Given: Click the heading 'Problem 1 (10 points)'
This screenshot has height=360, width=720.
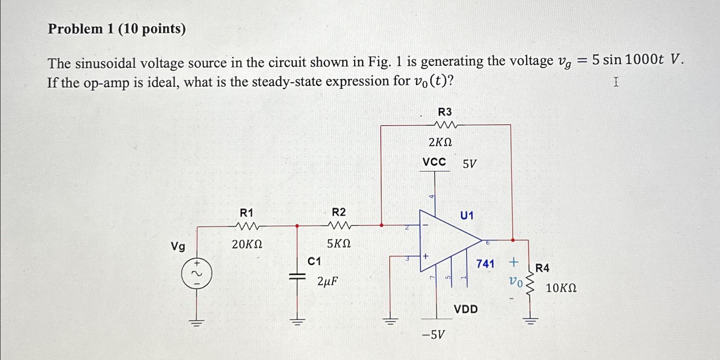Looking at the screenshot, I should pos(117,29).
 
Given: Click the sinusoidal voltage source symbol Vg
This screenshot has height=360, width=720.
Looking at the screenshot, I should pos(197,273).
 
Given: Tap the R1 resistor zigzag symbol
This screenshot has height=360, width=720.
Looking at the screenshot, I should pos(247,225).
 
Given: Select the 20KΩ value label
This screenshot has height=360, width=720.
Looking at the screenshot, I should pos(247,244).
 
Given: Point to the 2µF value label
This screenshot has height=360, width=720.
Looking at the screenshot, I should pos(328,281).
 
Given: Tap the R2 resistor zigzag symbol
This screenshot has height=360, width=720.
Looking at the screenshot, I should pos(339,225).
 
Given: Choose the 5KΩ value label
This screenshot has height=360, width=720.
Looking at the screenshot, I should pos(339,243).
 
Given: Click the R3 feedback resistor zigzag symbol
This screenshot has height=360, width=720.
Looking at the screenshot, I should pos(445,125).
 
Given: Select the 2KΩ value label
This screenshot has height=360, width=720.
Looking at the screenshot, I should pos(440,142).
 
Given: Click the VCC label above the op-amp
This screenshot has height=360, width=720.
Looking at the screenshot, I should pos(434,162).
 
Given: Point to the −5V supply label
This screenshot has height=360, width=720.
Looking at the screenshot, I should pos(433,334).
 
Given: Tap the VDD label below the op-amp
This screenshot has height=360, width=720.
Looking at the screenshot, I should pos(466,309).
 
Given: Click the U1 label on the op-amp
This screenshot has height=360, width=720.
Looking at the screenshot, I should pos(467,216).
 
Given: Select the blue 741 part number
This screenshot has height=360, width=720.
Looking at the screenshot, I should pos(485,264).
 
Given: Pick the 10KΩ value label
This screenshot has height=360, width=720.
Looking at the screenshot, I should pos(561,288).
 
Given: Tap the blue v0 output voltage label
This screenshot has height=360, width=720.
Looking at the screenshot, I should pos(515,282).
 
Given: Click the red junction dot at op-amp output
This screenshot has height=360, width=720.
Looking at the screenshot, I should pos(513,240).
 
